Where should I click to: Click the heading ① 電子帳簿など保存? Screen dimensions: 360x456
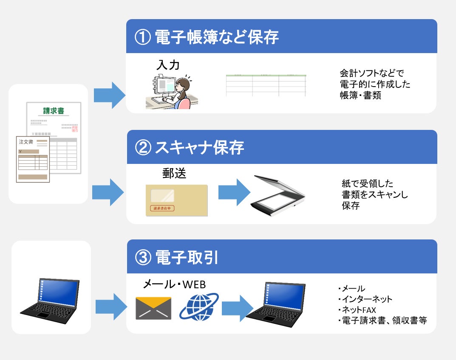(207, 37)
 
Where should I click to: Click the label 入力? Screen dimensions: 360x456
(168, 65)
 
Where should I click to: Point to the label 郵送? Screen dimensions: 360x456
(174, 174)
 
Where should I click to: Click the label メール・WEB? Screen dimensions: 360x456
(175, 284)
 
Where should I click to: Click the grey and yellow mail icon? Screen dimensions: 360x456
(153, 308)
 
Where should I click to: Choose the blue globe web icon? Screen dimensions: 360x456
(199, 306)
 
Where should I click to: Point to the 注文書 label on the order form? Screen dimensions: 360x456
(26, 141)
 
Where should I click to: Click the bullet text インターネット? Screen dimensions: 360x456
(366, 299)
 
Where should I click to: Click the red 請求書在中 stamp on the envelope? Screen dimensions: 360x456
(162, 208)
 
